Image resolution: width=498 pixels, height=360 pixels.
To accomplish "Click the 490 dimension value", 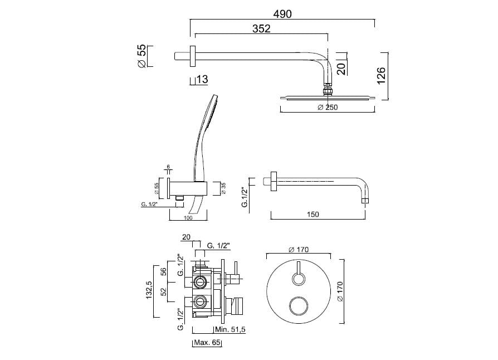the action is click(282, 14).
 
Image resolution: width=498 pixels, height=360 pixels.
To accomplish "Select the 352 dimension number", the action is click(261, 28).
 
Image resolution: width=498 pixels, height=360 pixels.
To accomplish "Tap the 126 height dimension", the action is click(381, 76).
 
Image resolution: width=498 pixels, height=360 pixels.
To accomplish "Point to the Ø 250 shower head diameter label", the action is click(328, 108).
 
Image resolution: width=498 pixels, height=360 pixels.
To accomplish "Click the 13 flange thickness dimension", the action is click(202, 79).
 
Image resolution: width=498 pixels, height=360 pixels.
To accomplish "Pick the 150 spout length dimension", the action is click(313, 215).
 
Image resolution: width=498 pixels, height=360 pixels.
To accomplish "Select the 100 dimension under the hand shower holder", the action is click(188, 218).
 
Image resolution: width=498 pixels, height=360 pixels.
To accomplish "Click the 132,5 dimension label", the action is click(149, 290).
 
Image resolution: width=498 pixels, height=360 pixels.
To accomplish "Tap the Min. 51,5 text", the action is click(231, 330).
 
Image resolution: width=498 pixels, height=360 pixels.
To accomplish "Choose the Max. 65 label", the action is click(207, 343).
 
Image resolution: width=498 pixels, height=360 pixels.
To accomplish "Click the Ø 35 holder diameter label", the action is click(223, 188).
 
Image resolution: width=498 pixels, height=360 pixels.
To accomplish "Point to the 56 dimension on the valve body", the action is click(163, 271).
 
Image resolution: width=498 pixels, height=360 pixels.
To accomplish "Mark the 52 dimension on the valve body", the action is click(163, 291).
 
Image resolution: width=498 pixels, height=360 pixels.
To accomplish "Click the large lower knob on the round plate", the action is click(299, 307).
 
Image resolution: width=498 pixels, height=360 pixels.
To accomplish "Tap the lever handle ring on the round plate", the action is click(299, 280).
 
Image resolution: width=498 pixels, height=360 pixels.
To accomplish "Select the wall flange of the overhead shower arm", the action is click(193, 56).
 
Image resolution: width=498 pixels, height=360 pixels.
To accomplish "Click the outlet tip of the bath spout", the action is click(365, 201).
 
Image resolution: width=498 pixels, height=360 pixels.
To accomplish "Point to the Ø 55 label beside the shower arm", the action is click(141, 56).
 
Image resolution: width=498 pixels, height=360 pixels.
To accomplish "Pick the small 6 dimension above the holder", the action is click(168, 167).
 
